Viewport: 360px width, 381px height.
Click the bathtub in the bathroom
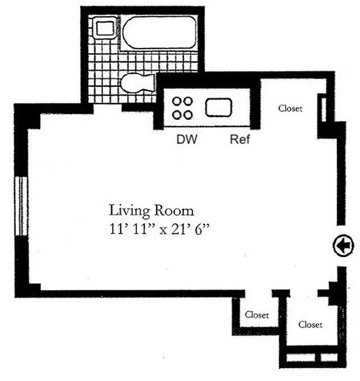(159, 32)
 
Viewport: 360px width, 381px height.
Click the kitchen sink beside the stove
(218, 108)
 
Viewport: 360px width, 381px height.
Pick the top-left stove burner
(177, 101)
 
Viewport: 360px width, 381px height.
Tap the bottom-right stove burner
(189, 114)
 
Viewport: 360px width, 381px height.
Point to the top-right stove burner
(189, 101)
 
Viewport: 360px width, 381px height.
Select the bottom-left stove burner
(177, 114)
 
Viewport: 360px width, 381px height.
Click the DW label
(187, 140)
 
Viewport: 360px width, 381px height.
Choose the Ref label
(240, 140)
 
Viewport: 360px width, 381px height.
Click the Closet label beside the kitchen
(290, 109)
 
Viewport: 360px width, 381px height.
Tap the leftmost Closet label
(257, 315)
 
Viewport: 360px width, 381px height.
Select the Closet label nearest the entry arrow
(310, 325)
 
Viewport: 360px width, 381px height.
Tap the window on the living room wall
(20, 206)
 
